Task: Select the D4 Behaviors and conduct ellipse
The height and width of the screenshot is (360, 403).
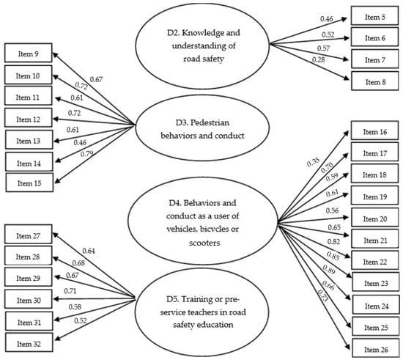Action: tap(201, 218)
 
